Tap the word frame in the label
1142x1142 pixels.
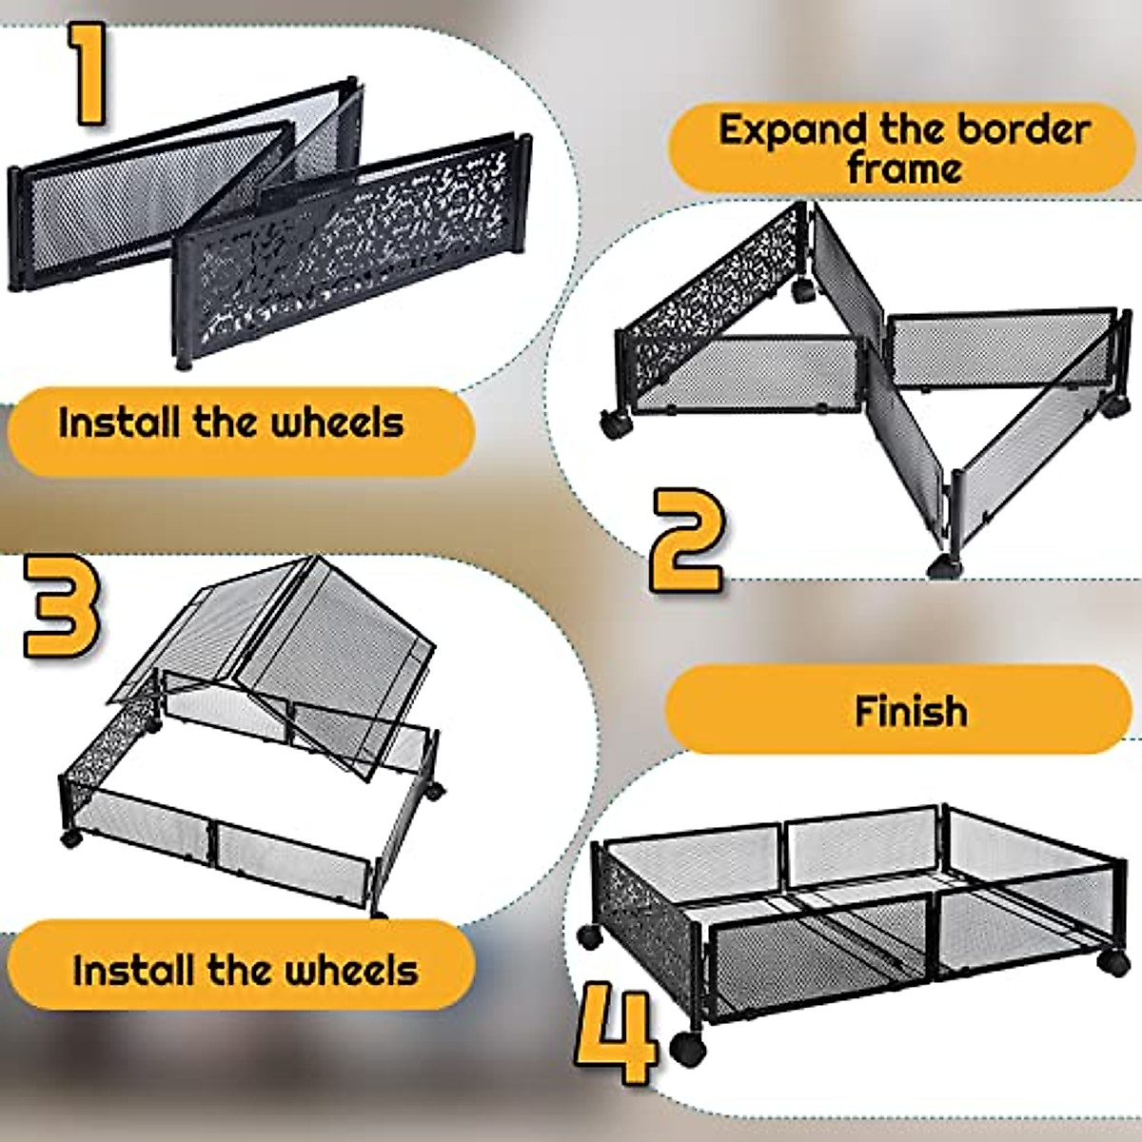pyautogui.click(x=904, y=169)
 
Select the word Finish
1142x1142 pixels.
pyautogui.click(x=911, y=711)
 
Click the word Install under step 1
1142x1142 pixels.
pyautogui.click(x=121, y=423)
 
